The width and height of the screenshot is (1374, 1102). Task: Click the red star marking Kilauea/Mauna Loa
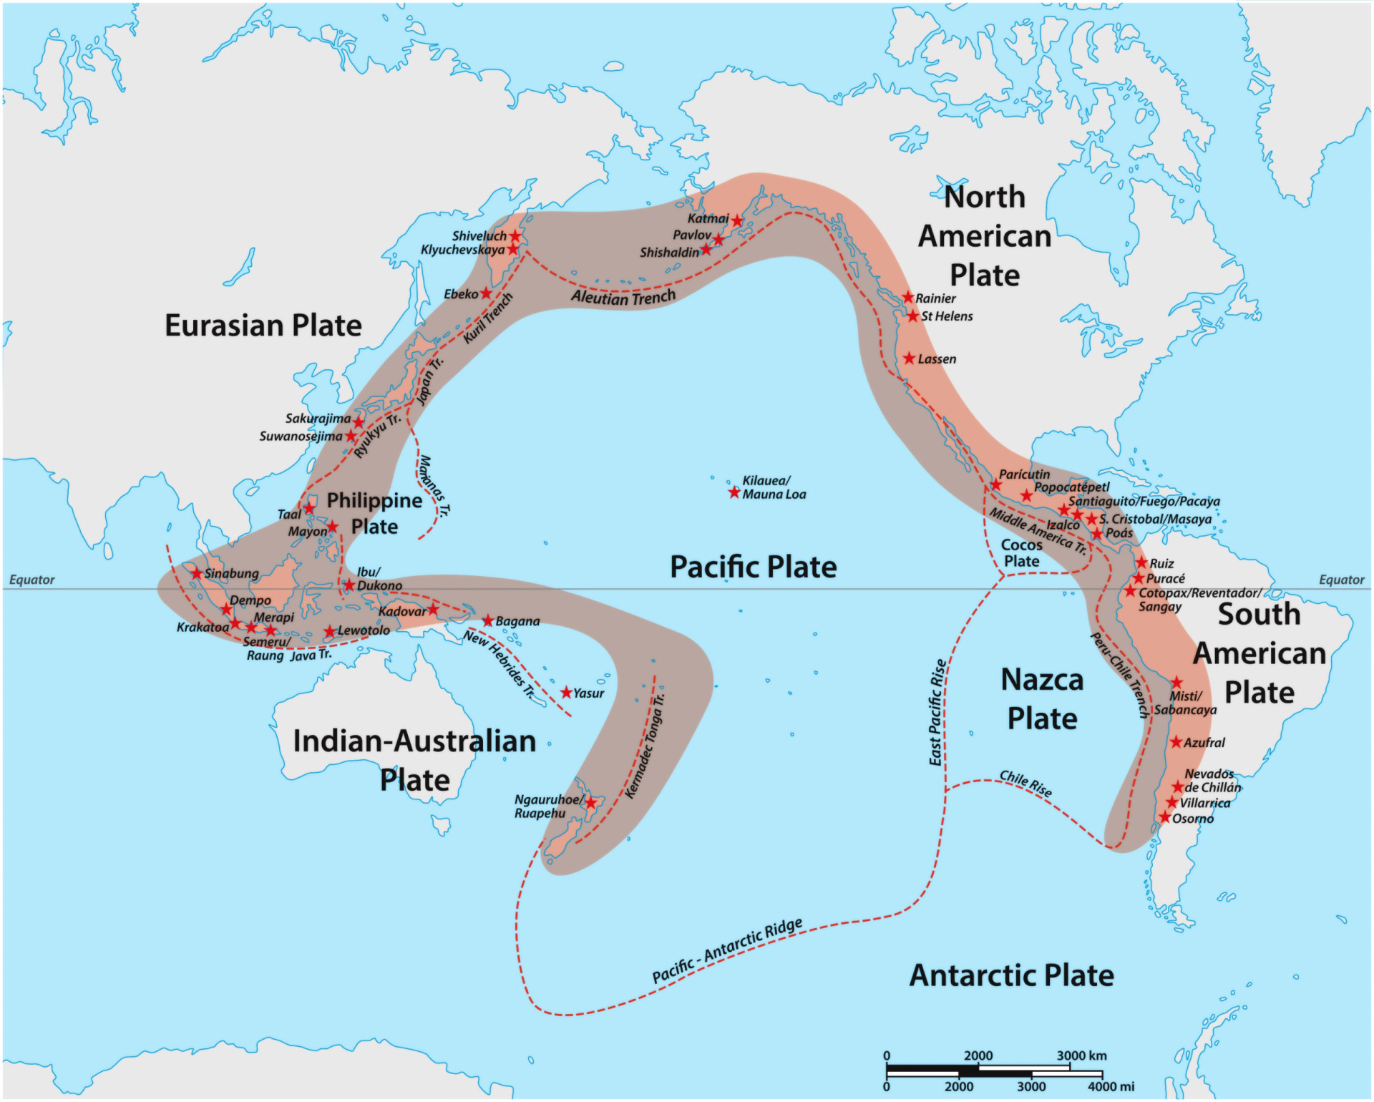click(734, 492)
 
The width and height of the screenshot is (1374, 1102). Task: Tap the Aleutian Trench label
click(623, 297)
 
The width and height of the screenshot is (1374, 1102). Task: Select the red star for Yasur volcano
click(566, 693)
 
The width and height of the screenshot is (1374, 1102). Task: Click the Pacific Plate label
click(753, 567)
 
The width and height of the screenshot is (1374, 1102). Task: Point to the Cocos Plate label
click(1021, 553)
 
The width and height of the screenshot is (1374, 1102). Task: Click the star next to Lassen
click(909, 358)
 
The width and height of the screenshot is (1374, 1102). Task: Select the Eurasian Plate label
click(263, 326)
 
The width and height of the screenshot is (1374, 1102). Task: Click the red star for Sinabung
click(197, 573)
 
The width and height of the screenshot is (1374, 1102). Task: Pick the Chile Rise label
click(1025, 784)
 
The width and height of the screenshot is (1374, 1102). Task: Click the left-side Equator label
click(31, 580)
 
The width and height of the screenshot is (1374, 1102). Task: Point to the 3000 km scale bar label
click(1081, 1055)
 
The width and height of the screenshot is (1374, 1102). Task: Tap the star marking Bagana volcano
click(488, 620)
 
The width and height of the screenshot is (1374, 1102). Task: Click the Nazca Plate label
click(1042, 699)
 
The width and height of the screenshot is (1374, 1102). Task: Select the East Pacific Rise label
click(937, 713)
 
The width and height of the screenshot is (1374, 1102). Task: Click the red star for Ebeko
click(486, 293)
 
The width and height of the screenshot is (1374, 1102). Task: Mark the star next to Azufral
click(1176, 742)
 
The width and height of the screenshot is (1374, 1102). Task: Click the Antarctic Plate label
click(1011, 975)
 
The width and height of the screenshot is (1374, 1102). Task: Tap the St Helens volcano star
click(912, 316)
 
